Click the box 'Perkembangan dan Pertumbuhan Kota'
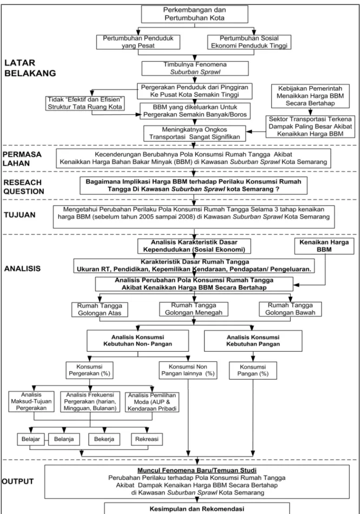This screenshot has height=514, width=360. (195, 14)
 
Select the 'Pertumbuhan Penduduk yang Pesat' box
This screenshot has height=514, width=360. (138, 42)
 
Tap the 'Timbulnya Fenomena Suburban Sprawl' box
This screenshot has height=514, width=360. (195, 68)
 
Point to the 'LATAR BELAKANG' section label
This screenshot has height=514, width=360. (30, 68)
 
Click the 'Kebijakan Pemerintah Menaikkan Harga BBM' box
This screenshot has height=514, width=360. (310, 96)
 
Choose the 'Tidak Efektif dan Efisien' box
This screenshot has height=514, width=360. (85, 103)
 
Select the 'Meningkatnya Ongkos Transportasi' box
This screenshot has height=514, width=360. (195, 134)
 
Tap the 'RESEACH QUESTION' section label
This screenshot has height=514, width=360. (24, 187)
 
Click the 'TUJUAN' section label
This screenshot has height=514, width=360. (19, 215)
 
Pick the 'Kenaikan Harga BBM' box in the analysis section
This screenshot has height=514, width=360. (324, 246)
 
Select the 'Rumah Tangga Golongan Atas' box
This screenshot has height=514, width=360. (99, 309)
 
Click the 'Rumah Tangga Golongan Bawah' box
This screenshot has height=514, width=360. (290, 309)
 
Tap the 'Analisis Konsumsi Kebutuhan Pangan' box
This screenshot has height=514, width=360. (253, 340)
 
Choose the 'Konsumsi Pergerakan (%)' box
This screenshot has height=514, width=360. (89, 370)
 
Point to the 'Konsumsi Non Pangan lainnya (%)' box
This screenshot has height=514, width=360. (188, 370)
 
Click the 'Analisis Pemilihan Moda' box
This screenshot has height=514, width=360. (152, 402)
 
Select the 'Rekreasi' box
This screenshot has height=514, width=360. (146, 439)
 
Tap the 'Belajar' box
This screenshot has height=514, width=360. (31, 439)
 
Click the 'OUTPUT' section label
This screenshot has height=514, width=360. (18, 481)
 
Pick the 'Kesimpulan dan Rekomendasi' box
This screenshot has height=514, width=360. (197, 509)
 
